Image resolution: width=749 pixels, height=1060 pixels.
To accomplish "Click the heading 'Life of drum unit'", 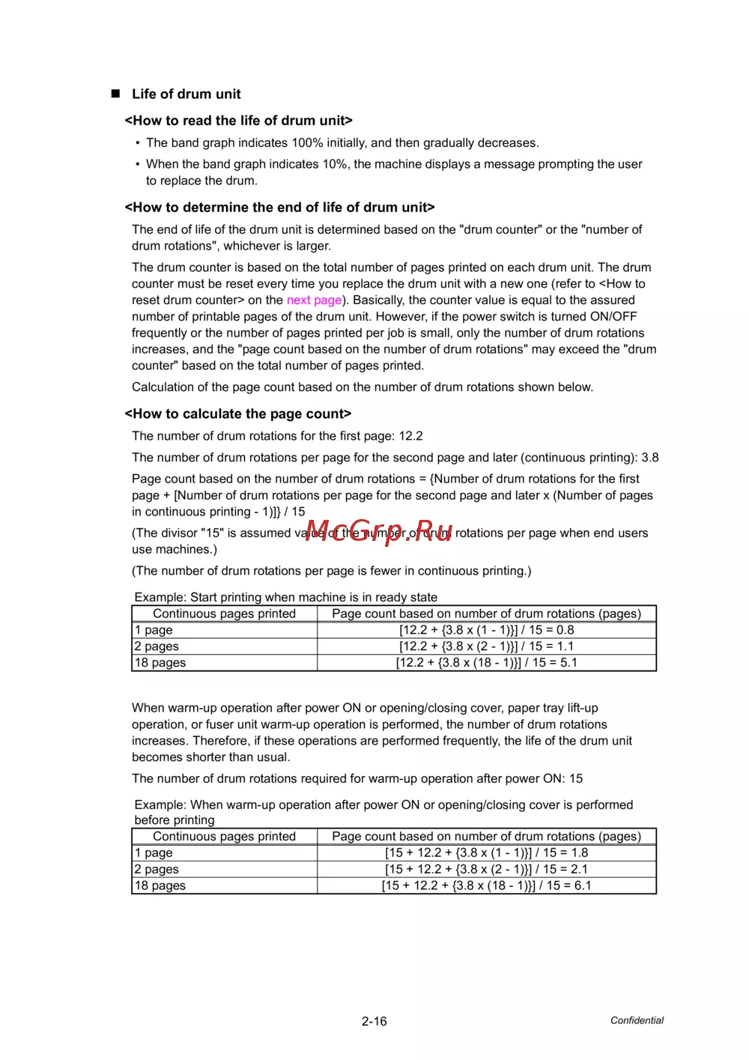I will [186, 94].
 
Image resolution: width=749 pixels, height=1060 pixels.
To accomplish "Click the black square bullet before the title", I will [115, 94].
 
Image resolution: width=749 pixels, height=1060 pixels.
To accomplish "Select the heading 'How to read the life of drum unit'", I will [238, 121].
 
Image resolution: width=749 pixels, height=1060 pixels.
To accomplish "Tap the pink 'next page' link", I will [314, 300].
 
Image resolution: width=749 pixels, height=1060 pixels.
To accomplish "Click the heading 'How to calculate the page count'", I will [237, 414].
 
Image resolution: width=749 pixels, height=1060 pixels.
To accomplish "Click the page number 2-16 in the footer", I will [374, 1021].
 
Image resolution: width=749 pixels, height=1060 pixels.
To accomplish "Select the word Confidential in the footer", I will [637, 1020].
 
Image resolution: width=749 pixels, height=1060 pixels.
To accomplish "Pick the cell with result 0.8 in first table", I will [486, 630].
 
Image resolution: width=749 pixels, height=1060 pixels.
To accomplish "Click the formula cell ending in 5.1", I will [486, 663].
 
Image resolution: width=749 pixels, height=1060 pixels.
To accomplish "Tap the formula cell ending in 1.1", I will [486, 646].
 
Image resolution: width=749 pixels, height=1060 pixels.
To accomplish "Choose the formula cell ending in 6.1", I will [486, 885].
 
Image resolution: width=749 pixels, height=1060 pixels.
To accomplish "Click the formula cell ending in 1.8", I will [486, 852].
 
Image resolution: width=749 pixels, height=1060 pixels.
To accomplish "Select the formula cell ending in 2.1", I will [486, 869].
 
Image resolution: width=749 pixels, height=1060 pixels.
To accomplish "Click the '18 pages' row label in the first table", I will [160, 663].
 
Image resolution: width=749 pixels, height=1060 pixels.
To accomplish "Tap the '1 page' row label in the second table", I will [154, 852].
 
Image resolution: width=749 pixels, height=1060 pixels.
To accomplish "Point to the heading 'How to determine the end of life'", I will [279, 208].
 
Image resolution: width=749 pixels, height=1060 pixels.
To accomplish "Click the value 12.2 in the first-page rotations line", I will [410, 436].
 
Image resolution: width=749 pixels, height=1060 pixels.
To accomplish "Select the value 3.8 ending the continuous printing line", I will [649, 458].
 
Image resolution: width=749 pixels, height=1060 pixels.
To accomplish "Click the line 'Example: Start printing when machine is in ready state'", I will [285, 597].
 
